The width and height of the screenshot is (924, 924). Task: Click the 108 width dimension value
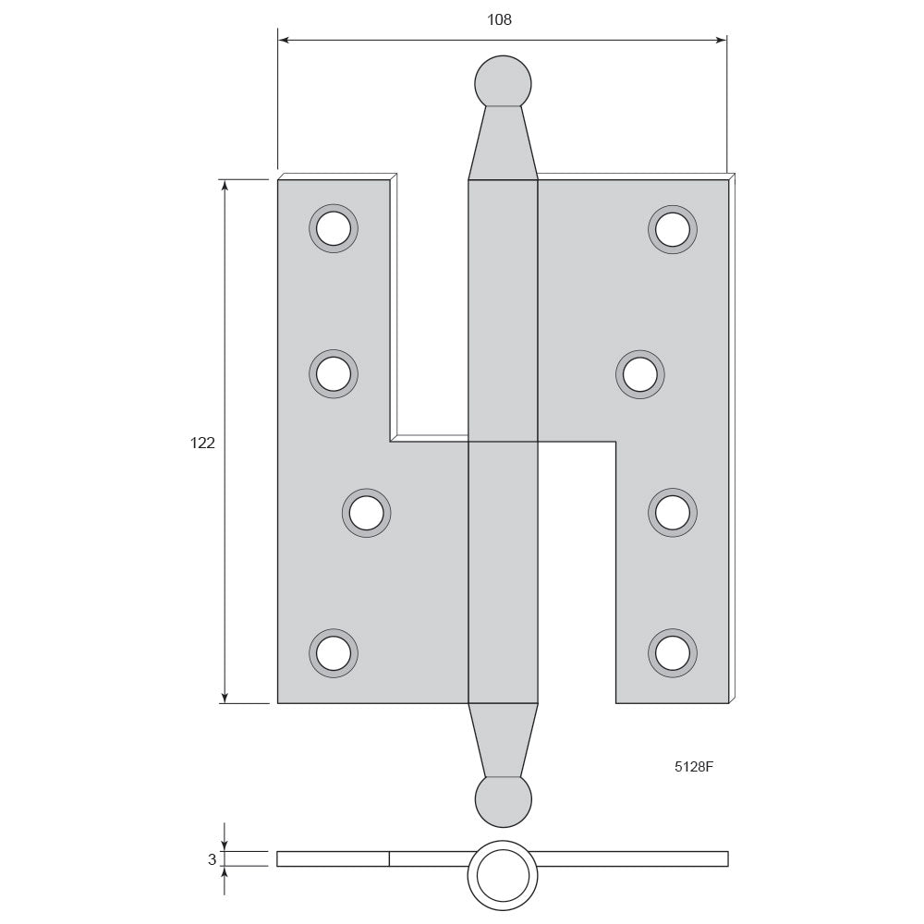(x=499, y=19)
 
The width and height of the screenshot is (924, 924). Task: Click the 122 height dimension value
(x=202, y=443)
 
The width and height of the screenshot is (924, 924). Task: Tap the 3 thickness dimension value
(x=213, y=859)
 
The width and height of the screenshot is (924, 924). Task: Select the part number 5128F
(x=694, y=767)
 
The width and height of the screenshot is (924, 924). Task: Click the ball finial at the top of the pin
(x=503, y=82)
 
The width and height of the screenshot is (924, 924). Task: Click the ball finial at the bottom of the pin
(x=503, y=800)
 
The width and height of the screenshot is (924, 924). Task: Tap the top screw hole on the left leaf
(x=334, y=228)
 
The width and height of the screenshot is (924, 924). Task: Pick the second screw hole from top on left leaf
(x=334, y=373)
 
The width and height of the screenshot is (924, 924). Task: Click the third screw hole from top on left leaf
(x=367, y=513)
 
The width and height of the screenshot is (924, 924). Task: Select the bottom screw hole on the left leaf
(x=334, y=653)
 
